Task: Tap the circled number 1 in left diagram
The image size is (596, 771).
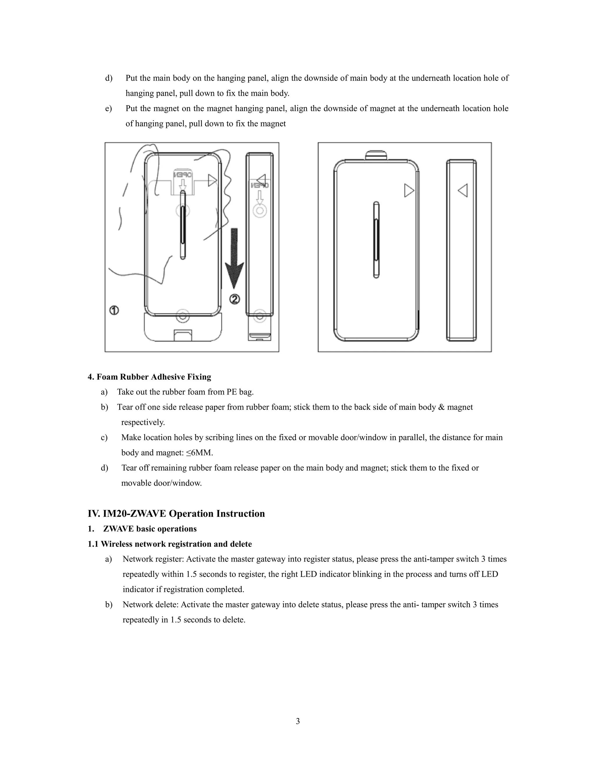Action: coord(114,310)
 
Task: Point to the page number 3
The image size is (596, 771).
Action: coord(298,721)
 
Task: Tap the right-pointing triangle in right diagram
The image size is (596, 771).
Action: coord(409,191)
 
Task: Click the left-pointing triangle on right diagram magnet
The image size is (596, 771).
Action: coord(463,191)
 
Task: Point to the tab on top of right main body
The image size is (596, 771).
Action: coord(376,155)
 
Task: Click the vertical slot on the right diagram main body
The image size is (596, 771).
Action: coord(376,240)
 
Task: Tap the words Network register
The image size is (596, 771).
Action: coord(153,559)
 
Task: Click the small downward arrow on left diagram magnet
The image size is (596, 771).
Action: coord(260,197)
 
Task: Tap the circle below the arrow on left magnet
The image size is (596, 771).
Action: coord(260,211)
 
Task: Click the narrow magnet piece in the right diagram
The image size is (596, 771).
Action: coord(462,251)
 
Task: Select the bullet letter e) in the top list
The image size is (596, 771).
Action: coord(108,109)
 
